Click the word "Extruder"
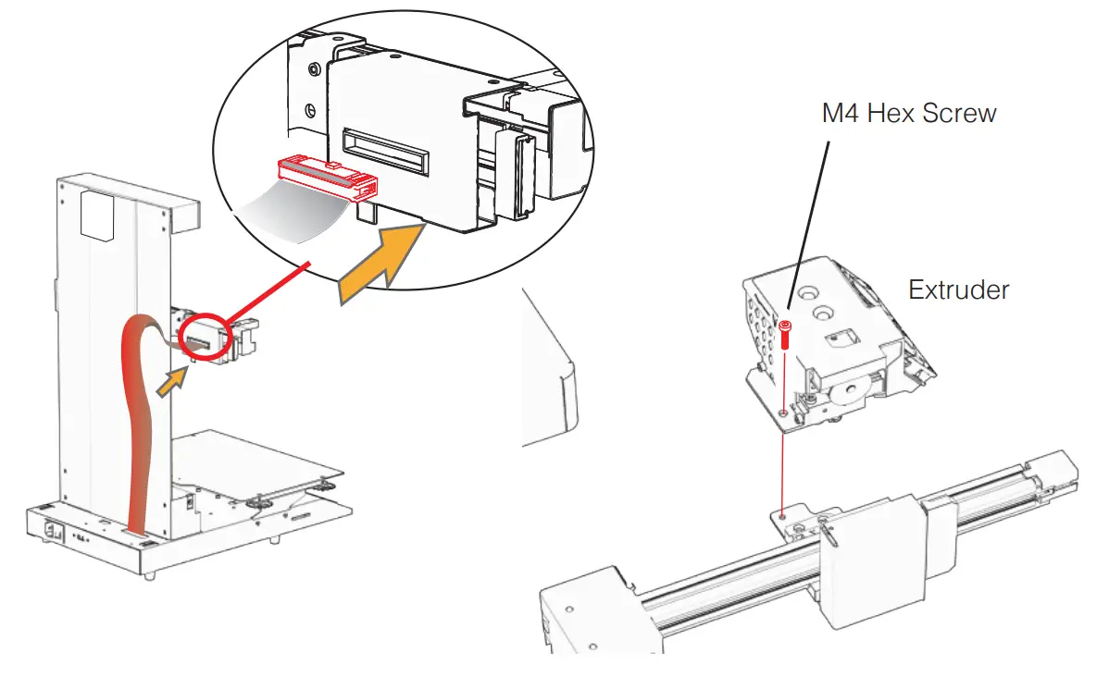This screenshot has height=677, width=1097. click(x=958, y=289)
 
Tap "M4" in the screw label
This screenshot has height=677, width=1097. click(x=841, y=114)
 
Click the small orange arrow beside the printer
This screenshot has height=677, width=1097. click(x=168, y=381)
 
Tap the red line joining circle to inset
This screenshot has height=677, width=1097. click(x=268, y=290)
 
